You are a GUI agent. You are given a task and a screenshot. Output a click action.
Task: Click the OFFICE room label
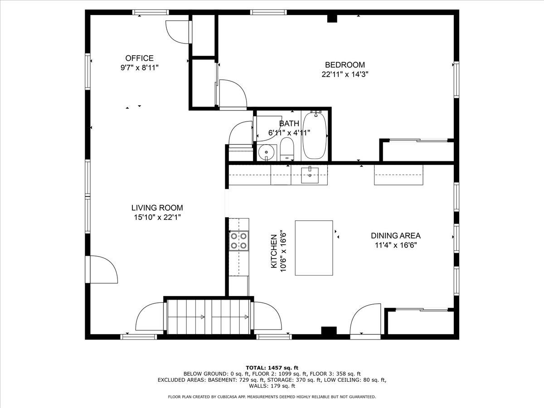139,58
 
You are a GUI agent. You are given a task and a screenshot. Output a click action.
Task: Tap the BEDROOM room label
345,65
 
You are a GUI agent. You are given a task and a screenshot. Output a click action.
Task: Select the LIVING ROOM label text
157,208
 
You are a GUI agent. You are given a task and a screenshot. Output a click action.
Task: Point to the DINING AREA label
396,236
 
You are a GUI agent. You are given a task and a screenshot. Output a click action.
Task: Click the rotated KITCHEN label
274,251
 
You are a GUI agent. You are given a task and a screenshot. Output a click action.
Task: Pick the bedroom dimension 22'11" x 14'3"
345,74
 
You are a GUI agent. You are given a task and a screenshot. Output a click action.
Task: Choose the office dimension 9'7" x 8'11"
139,68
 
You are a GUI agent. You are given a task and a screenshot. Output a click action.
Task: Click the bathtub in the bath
315,136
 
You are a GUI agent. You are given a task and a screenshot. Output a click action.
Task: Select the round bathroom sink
267,152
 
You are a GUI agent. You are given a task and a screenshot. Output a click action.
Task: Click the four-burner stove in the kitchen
238,241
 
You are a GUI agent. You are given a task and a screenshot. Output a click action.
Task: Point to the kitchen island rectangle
314,248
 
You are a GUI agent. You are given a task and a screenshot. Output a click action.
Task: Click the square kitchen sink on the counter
310,175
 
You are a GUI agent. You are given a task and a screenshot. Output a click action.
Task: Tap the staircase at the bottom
208,317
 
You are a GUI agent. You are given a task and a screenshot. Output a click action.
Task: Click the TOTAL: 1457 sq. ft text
272,368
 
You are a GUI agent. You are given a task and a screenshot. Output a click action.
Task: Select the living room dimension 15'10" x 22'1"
157,217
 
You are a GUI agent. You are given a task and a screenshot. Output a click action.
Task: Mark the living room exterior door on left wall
102,270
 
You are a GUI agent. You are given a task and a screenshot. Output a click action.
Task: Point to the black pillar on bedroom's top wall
332,19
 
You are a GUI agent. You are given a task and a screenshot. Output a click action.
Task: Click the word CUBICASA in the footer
219,397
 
